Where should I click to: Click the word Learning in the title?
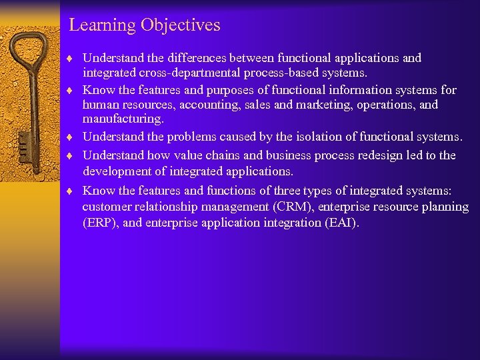pyautogui.click(x=103, y=25)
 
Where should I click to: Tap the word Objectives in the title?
pyautogui.click(x=180, y=25)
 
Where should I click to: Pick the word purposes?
pyautogui.click(x=245, y=90)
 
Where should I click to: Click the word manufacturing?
pyautogui.click(x=122, y=119)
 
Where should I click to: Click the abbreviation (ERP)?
pyautogui.click(x=101, y=223)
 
